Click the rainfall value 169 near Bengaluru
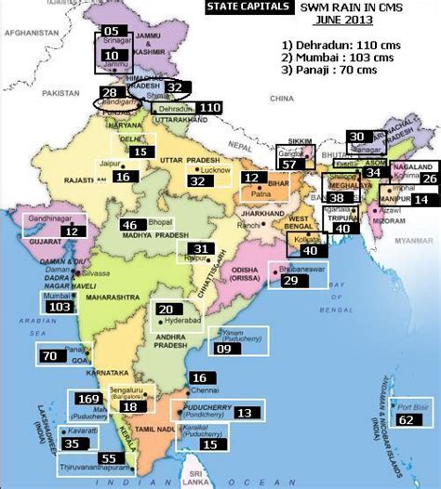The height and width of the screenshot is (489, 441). pyautogui.click(x=89, y=399)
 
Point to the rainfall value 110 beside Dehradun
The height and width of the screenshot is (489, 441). pyautogui.click(x=209, y=108)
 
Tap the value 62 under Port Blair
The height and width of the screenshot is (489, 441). pyautogui.click(x=405, y=419)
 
